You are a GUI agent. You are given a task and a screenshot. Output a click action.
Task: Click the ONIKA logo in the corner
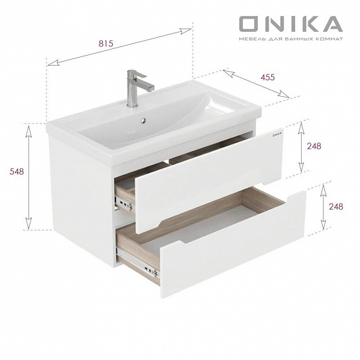(290, 24)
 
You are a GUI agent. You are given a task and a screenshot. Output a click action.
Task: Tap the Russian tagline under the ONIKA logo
(290, 40)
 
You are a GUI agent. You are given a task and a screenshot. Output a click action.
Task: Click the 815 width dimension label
(105, 43)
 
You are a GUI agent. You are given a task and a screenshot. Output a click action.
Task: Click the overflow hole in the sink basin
(142, 121)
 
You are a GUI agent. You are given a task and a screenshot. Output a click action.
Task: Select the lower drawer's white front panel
(232, 245)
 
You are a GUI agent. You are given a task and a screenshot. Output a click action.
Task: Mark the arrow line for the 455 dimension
(255, 84)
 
